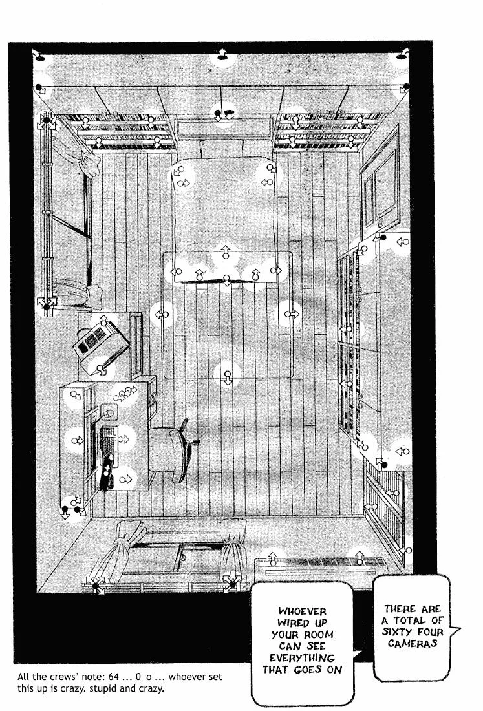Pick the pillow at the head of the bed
(221, 148)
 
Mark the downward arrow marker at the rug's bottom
(226, 377)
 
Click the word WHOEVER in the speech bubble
(302, 611)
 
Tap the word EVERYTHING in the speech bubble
(302, 658)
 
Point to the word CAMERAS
(413, 644)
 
